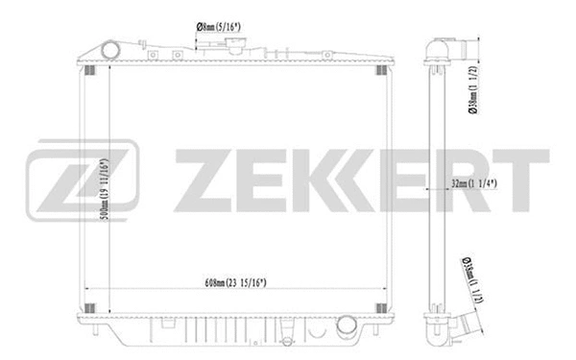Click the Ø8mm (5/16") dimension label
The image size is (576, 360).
[219, 28]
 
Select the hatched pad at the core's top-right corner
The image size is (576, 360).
[383, 69]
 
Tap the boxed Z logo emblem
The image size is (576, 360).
[83, 180]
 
